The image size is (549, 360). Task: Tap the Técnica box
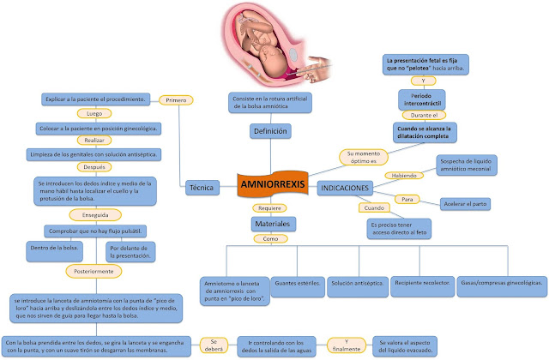tap(201, 184)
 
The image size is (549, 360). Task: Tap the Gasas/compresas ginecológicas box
tap(502, 283)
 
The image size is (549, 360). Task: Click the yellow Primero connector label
tap(176, 100)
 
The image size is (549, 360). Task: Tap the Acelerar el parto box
tap(466, 204)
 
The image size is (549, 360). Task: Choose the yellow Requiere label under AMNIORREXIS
tap(268, 207)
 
